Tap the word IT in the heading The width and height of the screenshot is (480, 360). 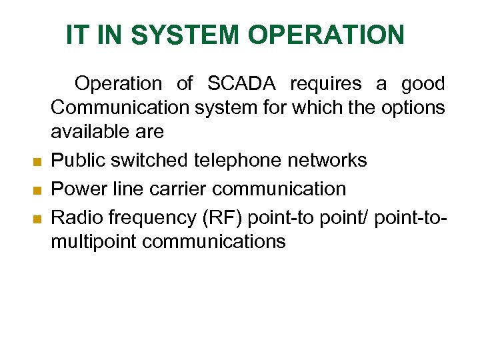point(76,35)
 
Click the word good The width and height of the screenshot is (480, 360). point(422,84)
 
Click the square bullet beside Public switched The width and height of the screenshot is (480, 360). point(38,161)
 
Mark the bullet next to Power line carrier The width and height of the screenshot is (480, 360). point(38,190)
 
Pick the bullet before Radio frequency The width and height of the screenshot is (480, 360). point(38,218)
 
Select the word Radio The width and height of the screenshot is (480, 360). point(75,217)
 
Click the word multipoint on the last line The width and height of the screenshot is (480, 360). point(93,241)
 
